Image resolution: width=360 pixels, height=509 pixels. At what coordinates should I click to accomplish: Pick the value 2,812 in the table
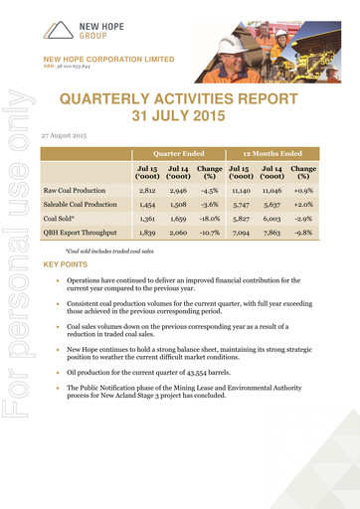[147, 188]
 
